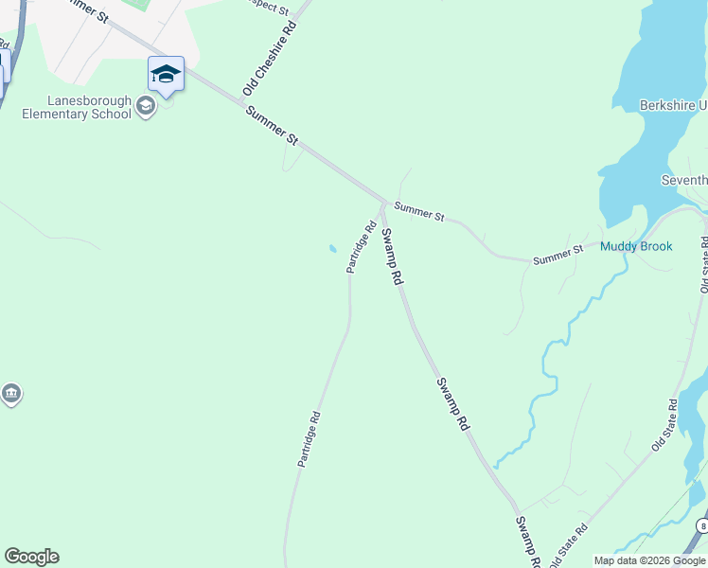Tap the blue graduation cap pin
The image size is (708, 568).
(x=166, y=74)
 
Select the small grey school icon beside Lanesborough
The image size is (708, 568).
(x=146, y=104)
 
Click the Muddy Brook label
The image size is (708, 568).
(x=636, y=247)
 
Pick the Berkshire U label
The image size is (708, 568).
(x=673, y=105)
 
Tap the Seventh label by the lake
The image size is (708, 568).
(x=683, y=180)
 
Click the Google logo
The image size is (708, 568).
(x=31, y=557)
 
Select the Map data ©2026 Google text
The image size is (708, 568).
(x=649, y=560)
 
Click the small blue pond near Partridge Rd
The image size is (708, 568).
(x=331, y=250)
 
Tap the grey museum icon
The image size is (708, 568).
(x=10, y=394)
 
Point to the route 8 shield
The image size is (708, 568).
(x=702, y=524)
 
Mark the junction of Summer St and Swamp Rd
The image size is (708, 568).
(x=383, y=203)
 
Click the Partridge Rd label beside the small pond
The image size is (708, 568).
(x=362, y=247)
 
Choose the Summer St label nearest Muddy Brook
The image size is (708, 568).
(x=558, y=256)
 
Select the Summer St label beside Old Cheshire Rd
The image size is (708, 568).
(x=272, y=125)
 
